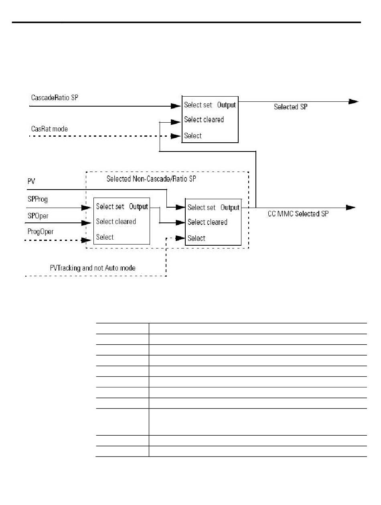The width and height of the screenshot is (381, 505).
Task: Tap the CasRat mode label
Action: (x=50, y=129)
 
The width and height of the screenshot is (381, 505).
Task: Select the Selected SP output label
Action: (x=291, y=107)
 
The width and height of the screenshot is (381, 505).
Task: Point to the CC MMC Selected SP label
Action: (x=298, y=214)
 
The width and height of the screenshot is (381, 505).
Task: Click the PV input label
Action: (x=31, y=182)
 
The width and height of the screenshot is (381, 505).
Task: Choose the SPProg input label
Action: (x=38, y=199)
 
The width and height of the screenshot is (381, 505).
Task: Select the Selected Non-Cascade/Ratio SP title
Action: (x=151, y=179)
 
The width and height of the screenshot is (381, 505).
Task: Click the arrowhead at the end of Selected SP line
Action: (x=353, y=102)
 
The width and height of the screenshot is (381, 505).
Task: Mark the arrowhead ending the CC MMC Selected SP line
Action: (x=351, y=207)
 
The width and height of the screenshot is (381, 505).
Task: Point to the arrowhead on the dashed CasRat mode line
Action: (x=176, y=136)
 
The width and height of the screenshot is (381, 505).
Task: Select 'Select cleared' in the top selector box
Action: (x=204, y=119)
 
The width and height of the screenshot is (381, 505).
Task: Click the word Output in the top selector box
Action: (x=227, y=105)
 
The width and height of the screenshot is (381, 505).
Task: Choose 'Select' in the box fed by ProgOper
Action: (x=105, y=237)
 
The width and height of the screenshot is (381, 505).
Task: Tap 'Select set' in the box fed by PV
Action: (x=201, y=208)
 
